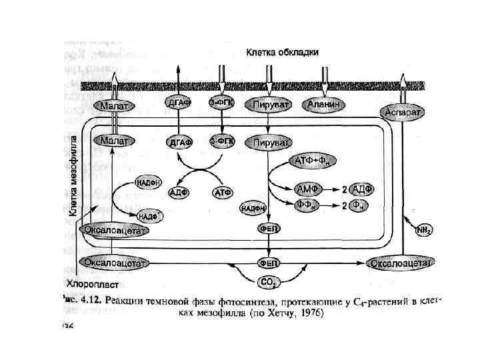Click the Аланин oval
[x=325, y=105]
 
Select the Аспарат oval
[x=403, y=113]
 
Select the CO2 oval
[x=268, y=282]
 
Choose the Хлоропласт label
[x=91, y=281]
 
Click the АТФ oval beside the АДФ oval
[x=222, y=193]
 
